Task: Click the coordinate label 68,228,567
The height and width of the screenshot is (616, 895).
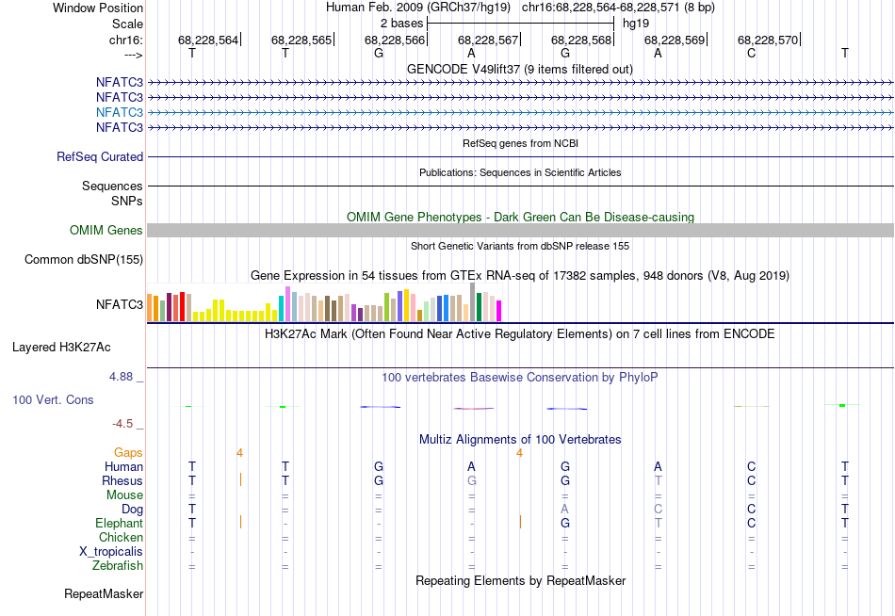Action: [488, 40]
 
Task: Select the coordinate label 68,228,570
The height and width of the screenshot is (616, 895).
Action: [768, 40]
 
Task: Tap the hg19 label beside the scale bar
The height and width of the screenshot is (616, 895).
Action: [636, 23]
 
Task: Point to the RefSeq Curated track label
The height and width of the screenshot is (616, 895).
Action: [100, 157]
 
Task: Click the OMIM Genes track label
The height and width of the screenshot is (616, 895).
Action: [106, 231]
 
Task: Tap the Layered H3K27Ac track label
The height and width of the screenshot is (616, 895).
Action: [61, 347]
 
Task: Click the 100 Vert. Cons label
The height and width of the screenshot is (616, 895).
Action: [53, 400]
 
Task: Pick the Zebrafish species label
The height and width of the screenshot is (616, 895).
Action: [118, 566]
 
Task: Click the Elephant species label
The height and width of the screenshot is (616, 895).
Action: [119, 524]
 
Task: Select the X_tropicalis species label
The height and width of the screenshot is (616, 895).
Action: [112, 552]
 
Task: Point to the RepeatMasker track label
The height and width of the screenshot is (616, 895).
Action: [104, 594]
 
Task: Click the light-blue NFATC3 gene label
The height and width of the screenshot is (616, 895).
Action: [119, 112]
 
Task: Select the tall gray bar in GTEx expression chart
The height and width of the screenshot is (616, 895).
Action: [472, 302]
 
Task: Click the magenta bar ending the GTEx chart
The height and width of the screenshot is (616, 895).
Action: [499, 310]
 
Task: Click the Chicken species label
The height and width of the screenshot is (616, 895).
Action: [121, 538]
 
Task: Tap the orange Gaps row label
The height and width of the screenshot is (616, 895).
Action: [128, 453]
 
